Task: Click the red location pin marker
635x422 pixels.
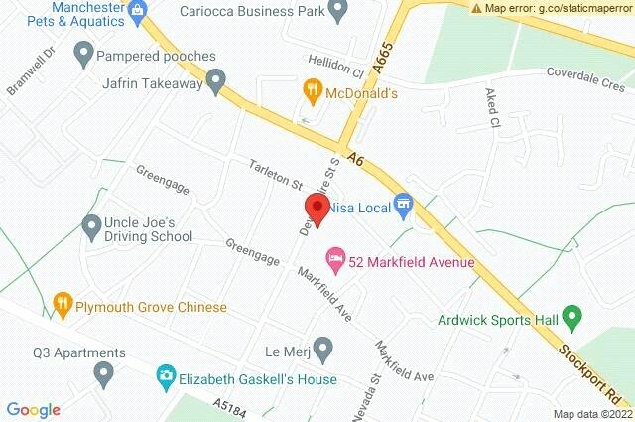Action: tap(317, 208)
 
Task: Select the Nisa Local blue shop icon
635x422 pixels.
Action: tap(402, 207)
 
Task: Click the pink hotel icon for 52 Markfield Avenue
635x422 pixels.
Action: tap(336, 261)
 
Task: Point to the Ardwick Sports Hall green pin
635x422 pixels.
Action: tap(571, 319)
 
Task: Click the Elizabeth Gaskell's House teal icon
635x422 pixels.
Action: tap(165, 378)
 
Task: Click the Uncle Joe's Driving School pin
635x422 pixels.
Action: tap(91, 227)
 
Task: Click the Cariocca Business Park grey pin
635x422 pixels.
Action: tap(338, 12)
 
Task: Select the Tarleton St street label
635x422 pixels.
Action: tap(276, 177)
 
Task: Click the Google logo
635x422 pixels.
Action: tap(33, 410)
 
